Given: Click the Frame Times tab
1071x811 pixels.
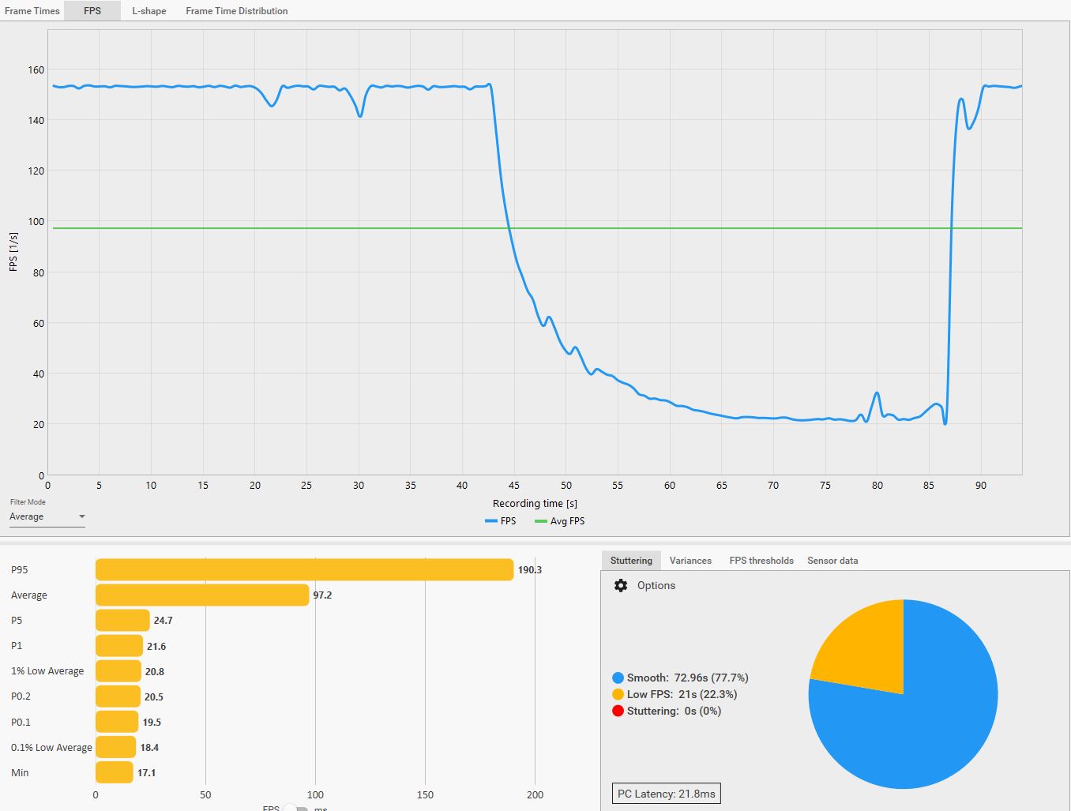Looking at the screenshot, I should (32, 11).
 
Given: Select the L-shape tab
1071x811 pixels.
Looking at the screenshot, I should (148, 11).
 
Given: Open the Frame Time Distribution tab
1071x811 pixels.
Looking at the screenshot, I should (236, 11).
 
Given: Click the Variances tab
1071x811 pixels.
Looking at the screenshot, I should (690, 561).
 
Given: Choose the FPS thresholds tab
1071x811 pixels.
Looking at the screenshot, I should (761, 561).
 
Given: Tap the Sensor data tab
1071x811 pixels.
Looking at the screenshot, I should (832, 561).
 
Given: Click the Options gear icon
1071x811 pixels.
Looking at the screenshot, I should (621, 585).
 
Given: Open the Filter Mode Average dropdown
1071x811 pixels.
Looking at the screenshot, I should (47, 516).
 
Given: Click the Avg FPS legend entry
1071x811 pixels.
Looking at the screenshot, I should (560, 521).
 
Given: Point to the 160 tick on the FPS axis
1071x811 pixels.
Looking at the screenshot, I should (36, 69).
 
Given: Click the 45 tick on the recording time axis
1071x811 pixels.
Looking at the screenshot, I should (514, 485).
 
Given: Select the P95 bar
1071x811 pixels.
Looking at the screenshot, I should (304, 569).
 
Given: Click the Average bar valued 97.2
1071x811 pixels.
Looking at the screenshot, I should (202, 595).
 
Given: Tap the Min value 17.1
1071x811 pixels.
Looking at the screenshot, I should (147, 772).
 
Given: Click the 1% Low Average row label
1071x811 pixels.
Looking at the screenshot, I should (47, 671).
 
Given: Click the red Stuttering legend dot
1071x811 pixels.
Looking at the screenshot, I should (618, 711).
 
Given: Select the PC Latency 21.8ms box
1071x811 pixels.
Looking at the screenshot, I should (667, 794).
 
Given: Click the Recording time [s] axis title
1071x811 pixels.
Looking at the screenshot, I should (535, 503).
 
